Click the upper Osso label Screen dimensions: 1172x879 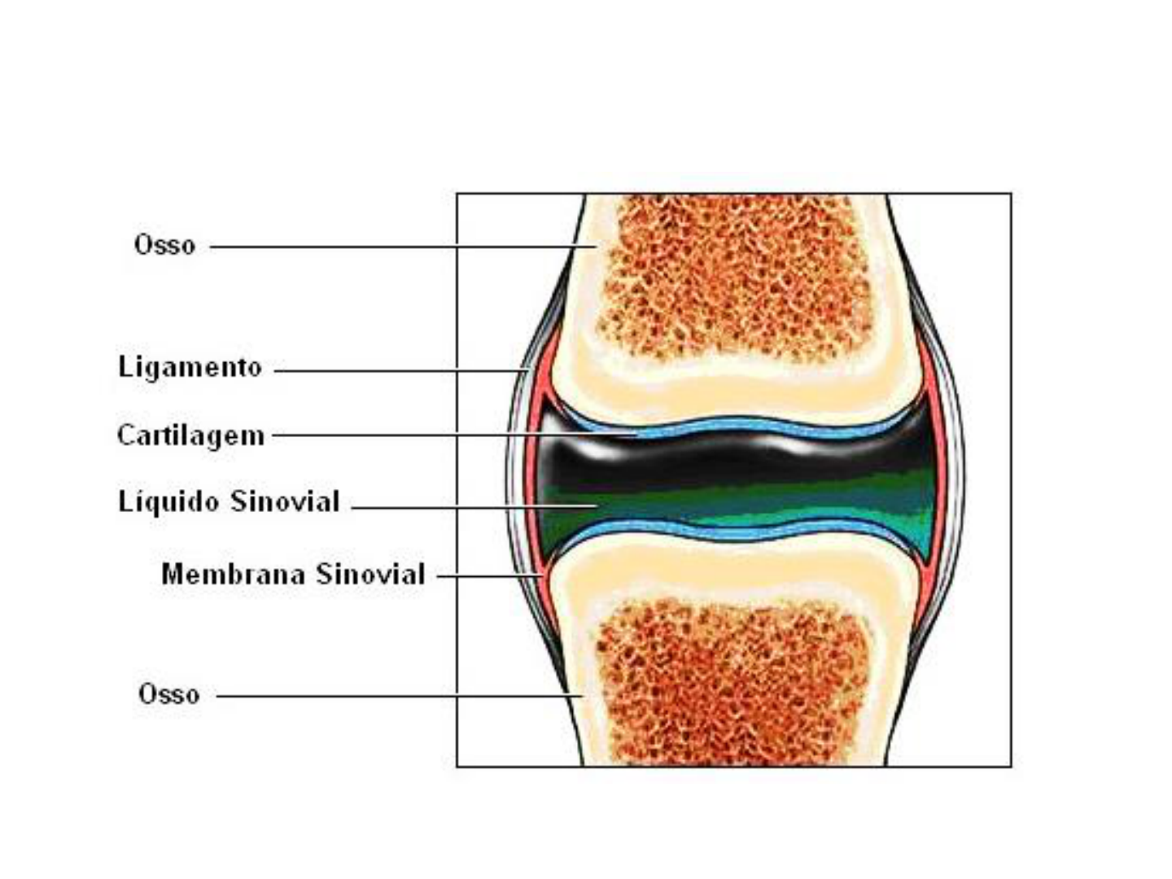(164, 245)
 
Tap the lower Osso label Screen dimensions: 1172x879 (168, 694)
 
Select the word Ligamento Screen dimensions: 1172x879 (190, 367)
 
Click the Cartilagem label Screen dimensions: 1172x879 (190, 435)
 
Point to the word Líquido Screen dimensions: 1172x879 (168, 501)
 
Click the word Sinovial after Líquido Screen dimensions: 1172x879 (284, 501)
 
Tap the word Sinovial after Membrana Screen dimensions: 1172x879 (371, 575)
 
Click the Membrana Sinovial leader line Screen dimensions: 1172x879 (488, 576)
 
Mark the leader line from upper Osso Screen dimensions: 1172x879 (391, 247)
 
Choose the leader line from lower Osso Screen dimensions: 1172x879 (391, 697)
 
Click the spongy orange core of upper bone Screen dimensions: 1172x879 (732, 277)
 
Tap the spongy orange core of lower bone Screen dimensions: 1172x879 (732, 684)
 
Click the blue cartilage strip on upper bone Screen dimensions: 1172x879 (732, 426)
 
